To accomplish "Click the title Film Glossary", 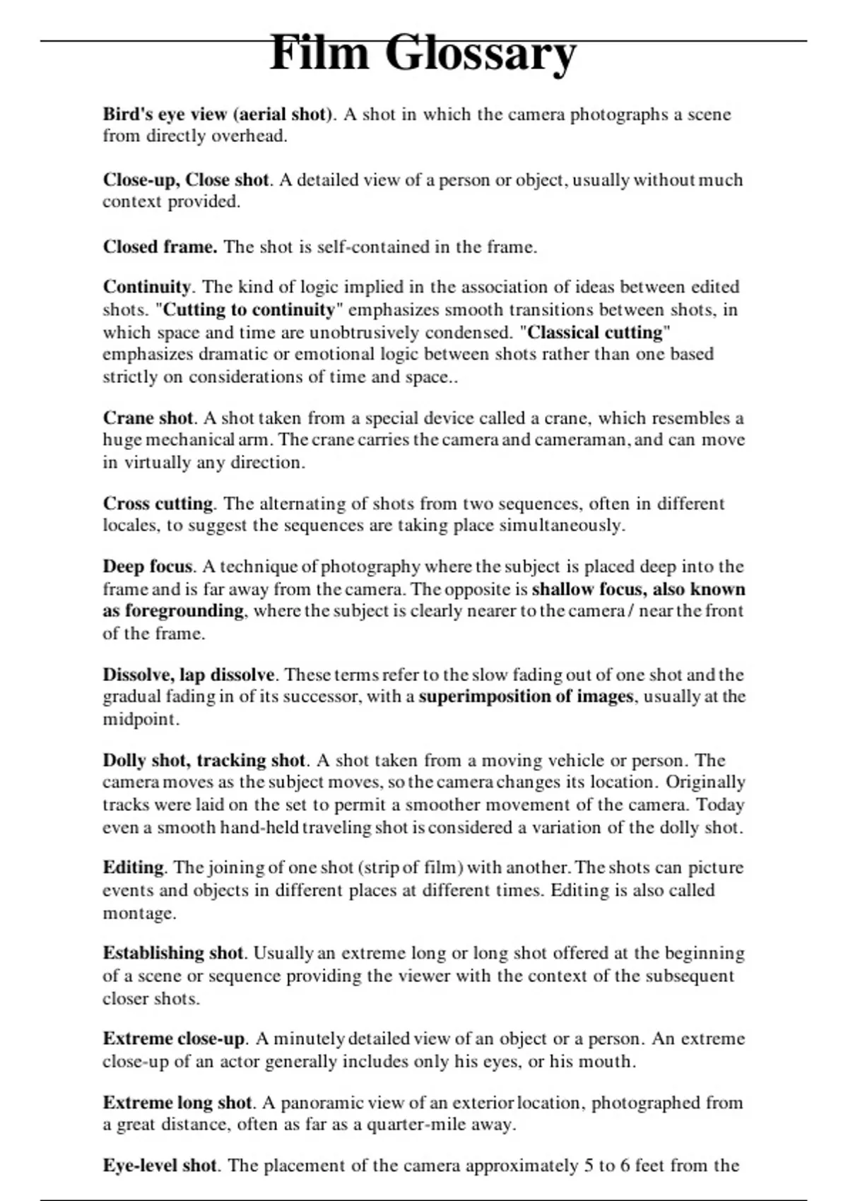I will coord(423,54).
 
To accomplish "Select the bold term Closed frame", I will coord(160,247).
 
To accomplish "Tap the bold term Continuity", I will coord(147,288).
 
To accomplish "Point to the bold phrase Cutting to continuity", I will coord(249,310).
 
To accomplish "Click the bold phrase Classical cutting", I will coord(596,332).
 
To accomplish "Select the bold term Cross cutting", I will coord(158,504).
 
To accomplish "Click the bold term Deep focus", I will coord(148,567).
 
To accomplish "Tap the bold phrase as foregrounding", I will coord(173,611).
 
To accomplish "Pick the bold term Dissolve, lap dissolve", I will coord(189,675).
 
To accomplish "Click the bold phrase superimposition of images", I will coord(526,697).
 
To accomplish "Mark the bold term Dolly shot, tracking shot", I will coord(204,761).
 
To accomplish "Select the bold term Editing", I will coord(134,868).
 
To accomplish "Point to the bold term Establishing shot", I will coord(173,953).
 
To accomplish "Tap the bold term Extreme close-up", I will coord(174,1039).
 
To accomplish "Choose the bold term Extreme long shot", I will coord(177,1103).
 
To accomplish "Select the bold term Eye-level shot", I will coord(160,1166).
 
